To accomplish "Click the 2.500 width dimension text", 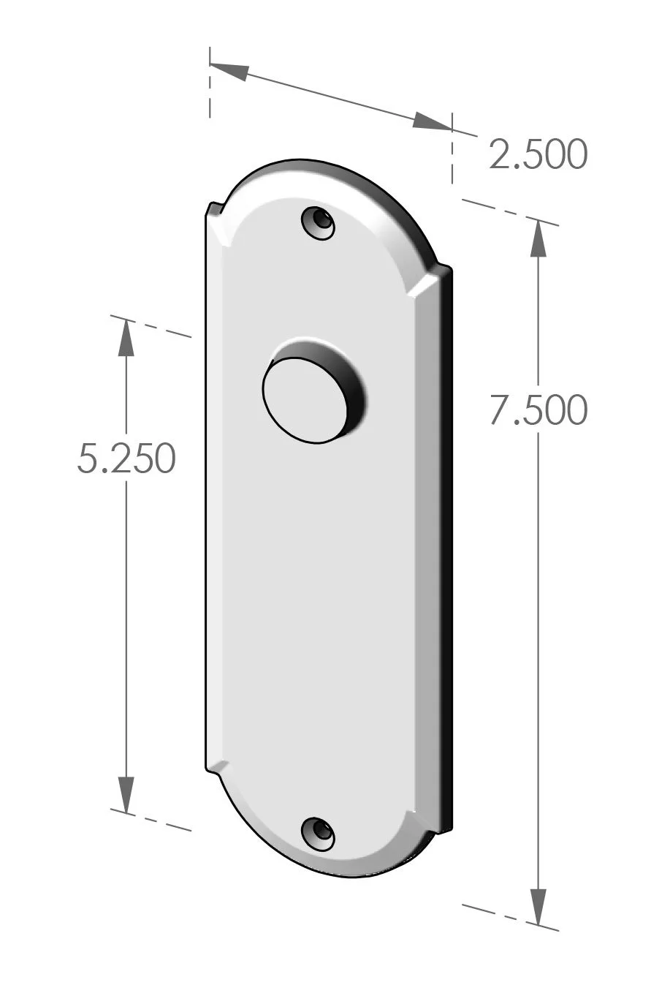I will [x=538, y=154].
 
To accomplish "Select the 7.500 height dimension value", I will [x=538, y=410].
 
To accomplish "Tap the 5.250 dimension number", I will [x=126, y=459].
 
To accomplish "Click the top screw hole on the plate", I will [x=319, y=222].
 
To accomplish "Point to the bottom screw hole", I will [x=319, y=834].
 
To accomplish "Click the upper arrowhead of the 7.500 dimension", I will [x=538, y=238].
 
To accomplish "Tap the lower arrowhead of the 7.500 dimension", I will [x=538, y=907].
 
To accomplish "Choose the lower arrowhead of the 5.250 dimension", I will [x=126, y=793].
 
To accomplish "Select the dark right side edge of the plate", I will [x=447, y=548].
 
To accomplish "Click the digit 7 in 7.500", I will [x=501, y=410].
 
